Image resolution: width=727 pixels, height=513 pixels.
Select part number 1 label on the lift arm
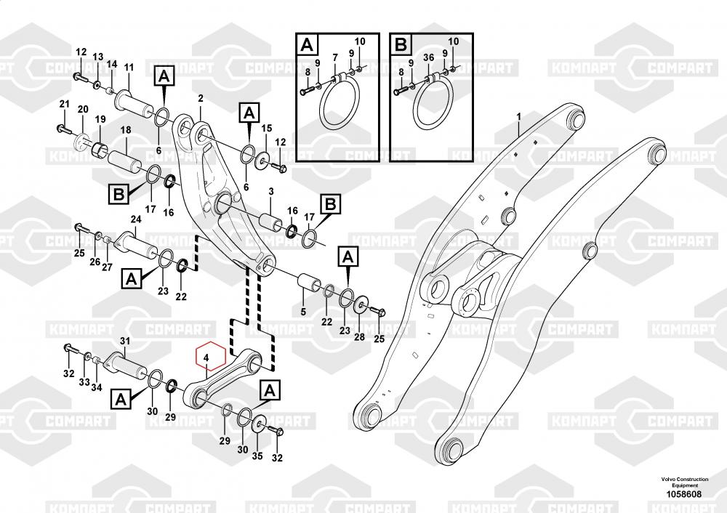[x=519, y=117]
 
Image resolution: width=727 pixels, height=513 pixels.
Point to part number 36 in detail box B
[x=428, y=58]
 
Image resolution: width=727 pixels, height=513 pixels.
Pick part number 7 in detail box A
[x=334, y=58]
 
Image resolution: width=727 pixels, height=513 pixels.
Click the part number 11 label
[x=129, y=68]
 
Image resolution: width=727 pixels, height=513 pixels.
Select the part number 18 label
[x=125, y=130]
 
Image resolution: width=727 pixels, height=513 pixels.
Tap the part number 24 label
[x=135, y=219]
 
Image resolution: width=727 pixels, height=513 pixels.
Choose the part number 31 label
[x=124, y=342]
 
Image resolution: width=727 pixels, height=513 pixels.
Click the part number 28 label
[x=359, y=337]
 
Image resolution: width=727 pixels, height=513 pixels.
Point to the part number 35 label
[x=257, y=456]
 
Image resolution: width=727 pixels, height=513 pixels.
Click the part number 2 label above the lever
[x=200, y=98]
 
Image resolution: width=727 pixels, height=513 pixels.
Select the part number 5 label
[x=303, y=312]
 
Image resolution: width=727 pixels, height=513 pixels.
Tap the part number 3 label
[x=270, y=191]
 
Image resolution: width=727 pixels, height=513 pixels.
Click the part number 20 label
[x=82, y=110]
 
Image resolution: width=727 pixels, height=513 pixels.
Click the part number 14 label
[x=112, y=64]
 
